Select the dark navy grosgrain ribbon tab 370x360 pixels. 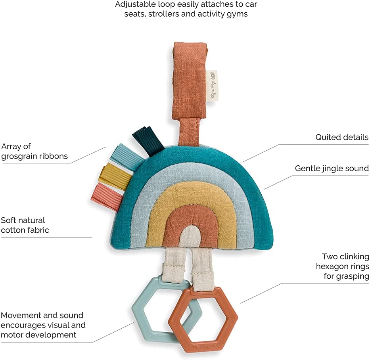click(148, 137)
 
